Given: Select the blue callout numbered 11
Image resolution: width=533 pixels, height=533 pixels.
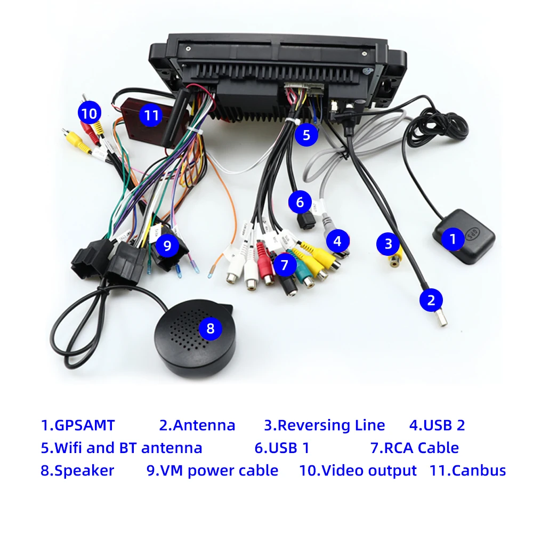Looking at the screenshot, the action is [152, 116].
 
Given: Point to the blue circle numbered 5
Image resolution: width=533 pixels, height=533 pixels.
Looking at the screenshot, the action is [306, 135].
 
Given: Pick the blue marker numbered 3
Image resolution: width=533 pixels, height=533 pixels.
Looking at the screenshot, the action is [388, 244].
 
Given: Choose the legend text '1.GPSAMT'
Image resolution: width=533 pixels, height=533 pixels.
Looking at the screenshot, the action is [78, 425].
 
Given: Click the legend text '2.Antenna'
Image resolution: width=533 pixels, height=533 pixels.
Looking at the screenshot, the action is [197, 425].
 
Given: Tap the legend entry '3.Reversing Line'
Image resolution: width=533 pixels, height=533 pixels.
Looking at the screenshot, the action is [324, 425].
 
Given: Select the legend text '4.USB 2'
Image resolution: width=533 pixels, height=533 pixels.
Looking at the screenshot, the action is [437, 425].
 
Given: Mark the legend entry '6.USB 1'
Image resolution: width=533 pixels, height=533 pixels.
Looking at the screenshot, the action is [282, 448].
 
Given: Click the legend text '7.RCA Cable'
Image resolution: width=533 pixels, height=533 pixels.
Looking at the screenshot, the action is [414, 448].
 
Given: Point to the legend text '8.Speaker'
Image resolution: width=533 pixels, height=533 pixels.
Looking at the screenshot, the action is [77, 471].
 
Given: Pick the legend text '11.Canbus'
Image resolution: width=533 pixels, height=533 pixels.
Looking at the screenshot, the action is [467, 471].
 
